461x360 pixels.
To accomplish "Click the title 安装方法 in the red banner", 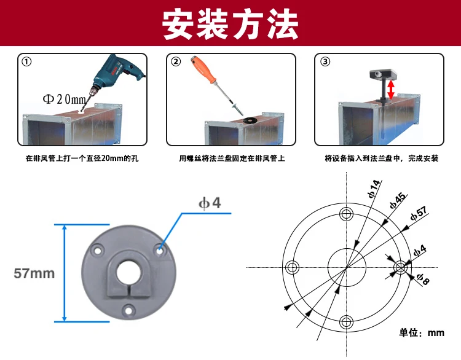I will coord(230,25).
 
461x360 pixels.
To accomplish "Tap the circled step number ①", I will coord(27,62).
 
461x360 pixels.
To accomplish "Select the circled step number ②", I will coord(176,62).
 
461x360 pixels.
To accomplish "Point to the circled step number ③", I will coord(325,62).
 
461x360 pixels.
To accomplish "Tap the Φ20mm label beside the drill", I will coord(64,99).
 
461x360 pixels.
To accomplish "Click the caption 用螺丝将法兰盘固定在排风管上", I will coord(232,158).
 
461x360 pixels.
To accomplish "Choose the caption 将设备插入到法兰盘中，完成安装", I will coord(381,158).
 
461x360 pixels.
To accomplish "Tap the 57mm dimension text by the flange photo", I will coord(34,273).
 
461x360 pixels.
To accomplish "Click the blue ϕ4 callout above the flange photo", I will coord(209,203).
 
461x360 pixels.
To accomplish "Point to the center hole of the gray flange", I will coord(129,270).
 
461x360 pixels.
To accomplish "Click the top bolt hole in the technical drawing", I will coord(347,213).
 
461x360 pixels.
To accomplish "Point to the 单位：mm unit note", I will coord(422,332).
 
